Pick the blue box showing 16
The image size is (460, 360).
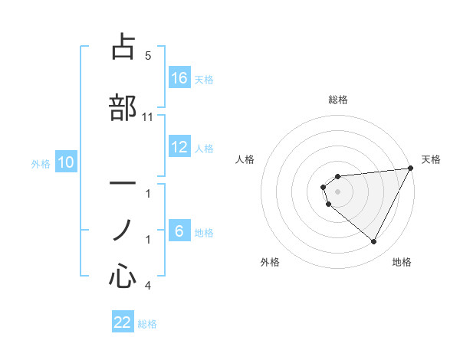[179, 78]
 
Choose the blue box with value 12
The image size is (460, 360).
[179, 147]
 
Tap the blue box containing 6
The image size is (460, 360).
[179, 231]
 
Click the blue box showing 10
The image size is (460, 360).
[66, 162]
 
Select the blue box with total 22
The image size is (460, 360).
[123, 322]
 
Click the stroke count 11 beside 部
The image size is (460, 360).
[148, 116]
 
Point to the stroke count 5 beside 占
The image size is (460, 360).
[147, 56]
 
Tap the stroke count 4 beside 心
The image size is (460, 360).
[147, 286]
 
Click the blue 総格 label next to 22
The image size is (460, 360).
[147, 324]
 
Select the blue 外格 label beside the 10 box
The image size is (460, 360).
[40, 163]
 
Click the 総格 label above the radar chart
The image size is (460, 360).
[338, 100]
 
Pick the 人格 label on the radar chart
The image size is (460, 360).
[245, 159]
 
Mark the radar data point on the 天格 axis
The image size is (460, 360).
[412, 169]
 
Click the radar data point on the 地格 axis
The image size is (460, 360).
[373, 242]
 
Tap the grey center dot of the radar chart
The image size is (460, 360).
[338, 191]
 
